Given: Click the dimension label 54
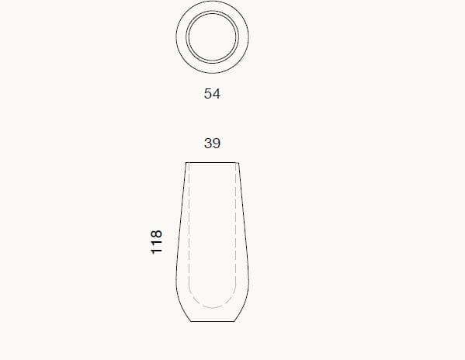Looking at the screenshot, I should [x=212, y=94].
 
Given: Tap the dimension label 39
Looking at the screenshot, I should [x=212, y=144].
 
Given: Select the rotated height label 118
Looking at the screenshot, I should [x=157, y=242].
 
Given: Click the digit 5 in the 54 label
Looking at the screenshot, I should [x=208, y=94].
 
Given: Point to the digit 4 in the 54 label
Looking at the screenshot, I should [x=217, y=94].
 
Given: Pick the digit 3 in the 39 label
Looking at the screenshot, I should [x=207, y=144].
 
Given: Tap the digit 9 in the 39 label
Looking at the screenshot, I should [x=217, y=144].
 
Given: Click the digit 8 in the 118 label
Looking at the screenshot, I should [x=157, y=234].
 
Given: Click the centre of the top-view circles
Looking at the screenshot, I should [x=213, y=38].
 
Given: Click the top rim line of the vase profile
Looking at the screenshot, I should [x=213, y=162].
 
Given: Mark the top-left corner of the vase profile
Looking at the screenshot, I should [x=187, y=162].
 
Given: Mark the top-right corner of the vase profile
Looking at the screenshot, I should [x=238, y=162].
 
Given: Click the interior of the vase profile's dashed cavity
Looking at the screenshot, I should [x=213, y=233].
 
